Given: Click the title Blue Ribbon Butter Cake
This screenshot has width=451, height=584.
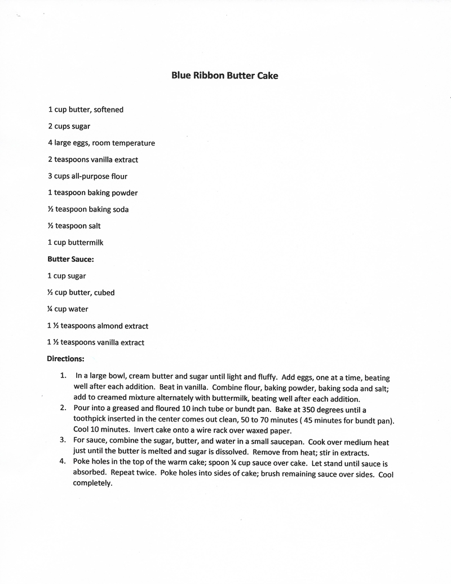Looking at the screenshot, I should (x=224, y=75).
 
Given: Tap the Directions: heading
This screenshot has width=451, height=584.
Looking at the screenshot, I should (x=65, y=358).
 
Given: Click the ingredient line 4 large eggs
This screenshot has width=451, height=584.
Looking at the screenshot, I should (x=101, y=143).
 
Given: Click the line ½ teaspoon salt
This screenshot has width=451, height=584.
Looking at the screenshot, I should (x=74, y=226).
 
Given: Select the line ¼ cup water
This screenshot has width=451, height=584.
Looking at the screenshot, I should (x=68, y=309).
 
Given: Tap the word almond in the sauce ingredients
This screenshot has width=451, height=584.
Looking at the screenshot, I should (x=111, y=326).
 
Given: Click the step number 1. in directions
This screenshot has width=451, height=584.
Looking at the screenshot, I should (x=63, y=375).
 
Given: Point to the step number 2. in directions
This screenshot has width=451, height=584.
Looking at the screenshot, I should (x=63, y=408).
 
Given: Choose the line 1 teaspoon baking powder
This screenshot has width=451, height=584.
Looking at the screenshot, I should (x=93, y=192).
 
